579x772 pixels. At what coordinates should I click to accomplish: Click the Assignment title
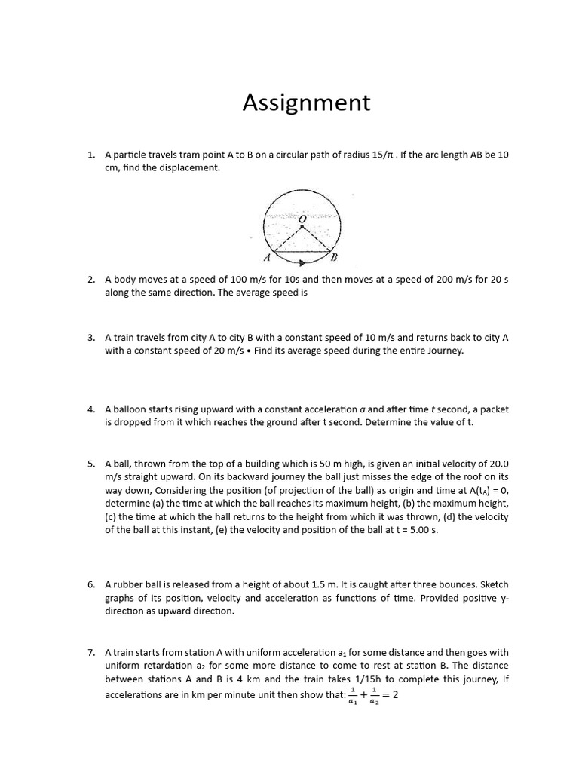[306, 103]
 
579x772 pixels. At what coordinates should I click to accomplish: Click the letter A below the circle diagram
[266, 257]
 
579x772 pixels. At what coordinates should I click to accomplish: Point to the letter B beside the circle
[335, 257]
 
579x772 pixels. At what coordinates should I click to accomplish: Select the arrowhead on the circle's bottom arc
[302, 263]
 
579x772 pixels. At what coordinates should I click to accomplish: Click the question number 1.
[90, 155]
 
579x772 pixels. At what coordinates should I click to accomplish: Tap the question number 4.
[90, 409]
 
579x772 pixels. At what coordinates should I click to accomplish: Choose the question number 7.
[90, 652]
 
